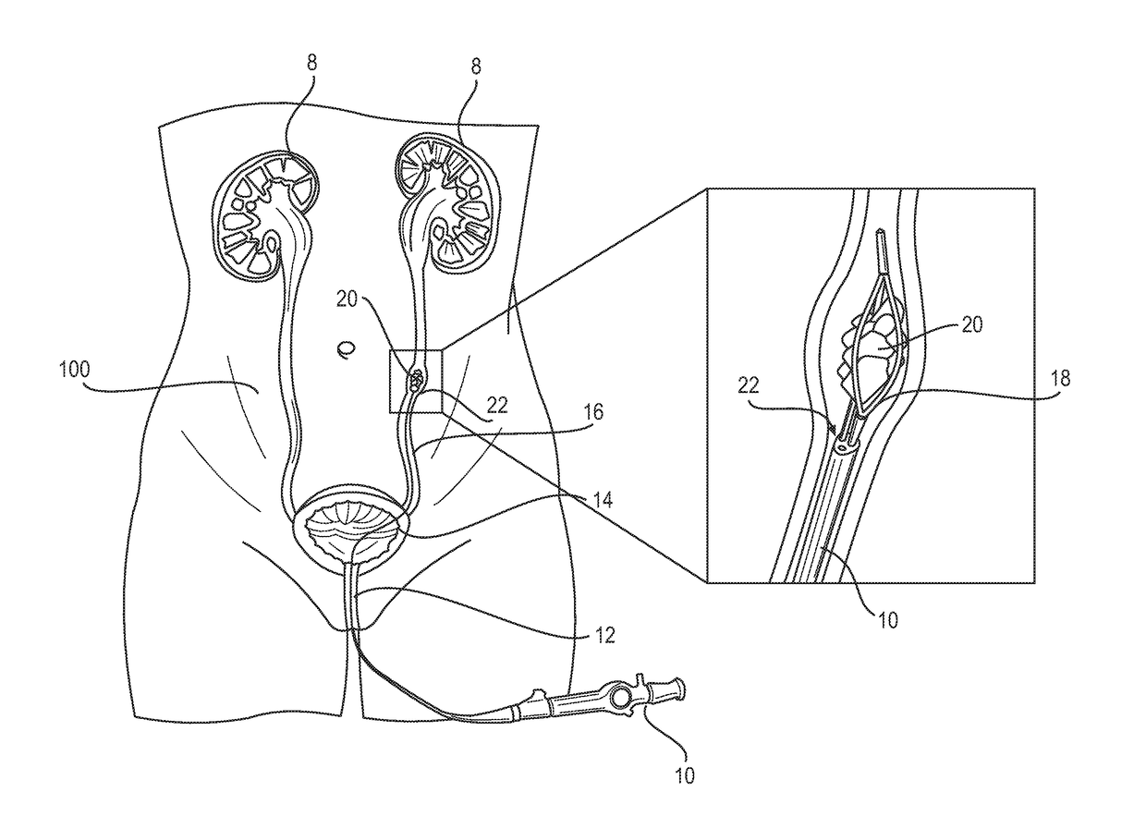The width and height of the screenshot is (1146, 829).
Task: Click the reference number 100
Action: tap(75, 370)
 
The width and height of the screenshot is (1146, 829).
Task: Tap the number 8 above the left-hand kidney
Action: tap(312, 63)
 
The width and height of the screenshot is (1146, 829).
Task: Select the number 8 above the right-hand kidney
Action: tap(476, 67)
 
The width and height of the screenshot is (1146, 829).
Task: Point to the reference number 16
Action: tap(593, 412)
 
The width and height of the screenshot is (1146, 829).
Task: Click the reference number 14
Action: tap(603, 500)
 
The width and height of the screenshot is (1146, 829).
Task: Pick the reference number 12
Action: tap(604, 636)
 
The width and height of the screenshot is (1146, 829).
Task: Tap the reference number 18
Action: tap(1061, 378)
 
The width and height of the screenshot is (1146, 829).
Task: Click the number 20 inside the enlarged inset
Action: tap(972, 324)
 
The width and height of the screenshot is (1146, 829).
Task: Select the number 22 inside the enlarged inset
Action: tap(749, 385)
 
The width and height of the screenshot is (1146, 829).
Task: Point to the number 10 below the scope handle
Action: tap(685, 775)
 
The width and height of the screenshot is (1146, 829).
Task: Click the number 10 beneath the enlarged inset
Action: tap(888, 620)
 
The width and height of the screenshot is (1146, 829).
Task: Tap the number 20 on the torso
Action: tap(347, 299)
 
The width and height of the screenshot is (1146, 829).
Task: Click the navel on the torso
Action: tap(347, 349)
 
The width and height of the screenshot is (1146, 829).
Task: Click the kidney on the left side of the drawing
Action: tap(266, 215)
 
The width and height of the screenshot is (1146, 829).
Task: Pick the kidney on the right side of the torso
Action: tap(448, 200)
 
